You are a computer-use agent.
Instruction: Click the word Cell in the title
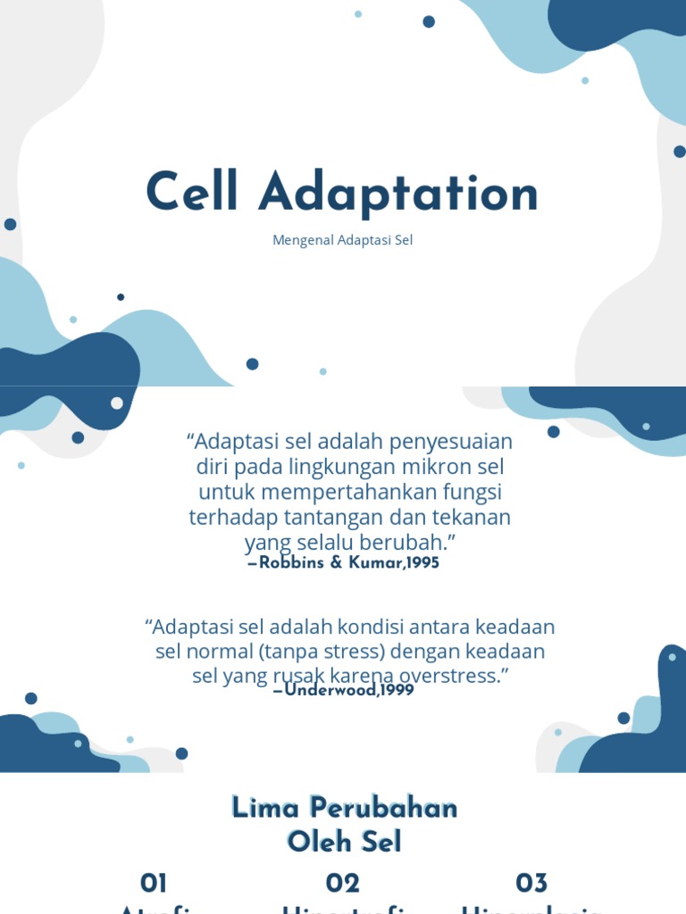[192, 193]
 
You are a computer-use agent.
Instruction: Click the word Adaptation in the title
[398, 195]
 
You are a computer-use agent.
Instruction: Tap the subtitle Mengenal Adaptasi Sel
[343, 241]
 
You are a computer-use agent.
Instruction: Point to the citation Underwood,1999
[349, 690]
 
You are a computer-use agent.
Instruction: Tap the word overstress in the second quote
[455, 676]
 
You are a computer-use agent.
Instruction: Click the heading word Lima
[266, 809]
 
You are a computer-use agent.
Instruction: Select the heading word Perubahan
[384, 809]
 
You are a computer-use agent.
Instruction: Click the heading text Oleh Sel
[344, 842]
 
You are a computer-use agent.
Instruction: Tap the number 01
[154, 884]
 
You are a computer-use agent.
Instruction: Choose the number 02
[342, 884]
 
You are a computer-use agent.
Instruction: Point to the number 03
[531, 884]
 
